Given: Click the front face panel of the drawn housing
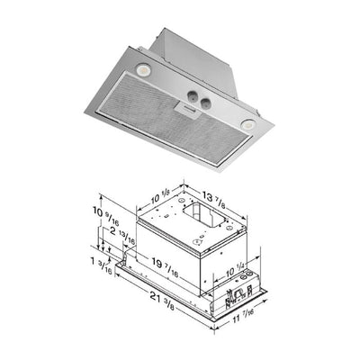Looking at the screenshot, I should pos(171,247).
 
